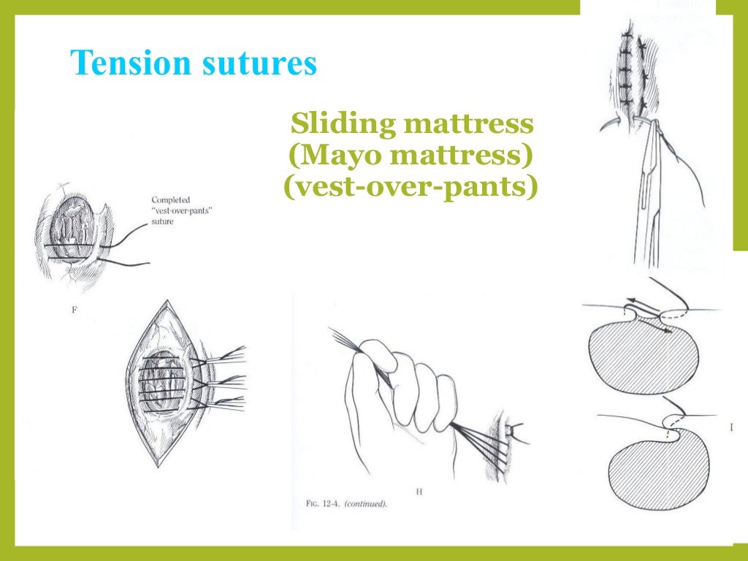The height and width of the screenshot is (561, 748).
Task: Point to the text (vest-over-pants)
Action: (410, 188)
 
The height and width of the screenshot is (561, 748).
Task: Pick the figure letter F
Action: (75, 310)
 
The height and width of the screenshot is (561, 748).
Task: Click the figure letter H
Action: (419, 492)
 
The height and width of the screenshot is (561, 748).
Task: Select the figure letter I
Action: (731, 428)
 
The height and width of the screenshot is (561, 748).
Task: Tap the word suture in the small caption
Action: (163, 221)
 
